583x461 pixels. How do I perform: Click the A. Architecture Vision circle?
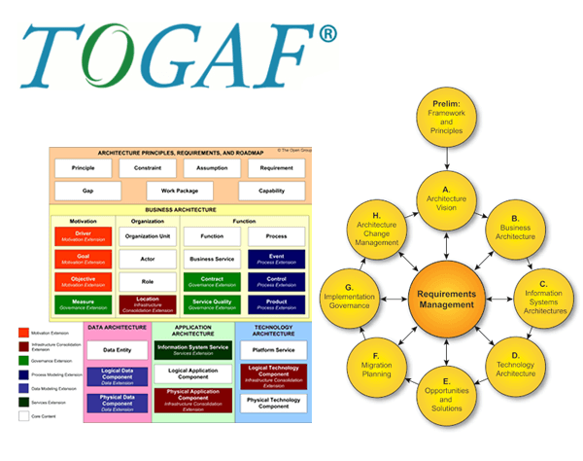(446, 198)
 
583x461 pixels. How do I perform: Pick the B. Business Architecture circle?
(516, 228)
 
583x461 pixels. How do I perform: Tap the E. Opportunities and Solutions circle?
(446, 397)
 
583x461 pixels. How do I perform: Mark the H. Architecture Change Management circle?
(377, 228)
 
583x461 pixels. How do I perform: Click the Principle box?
(84, 167)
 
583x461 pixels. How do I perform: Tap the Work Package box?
(179, 191)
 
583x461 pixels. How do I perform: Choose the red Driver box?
(84, 237)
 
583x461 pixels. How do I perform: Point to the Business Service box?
(212, 260)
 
